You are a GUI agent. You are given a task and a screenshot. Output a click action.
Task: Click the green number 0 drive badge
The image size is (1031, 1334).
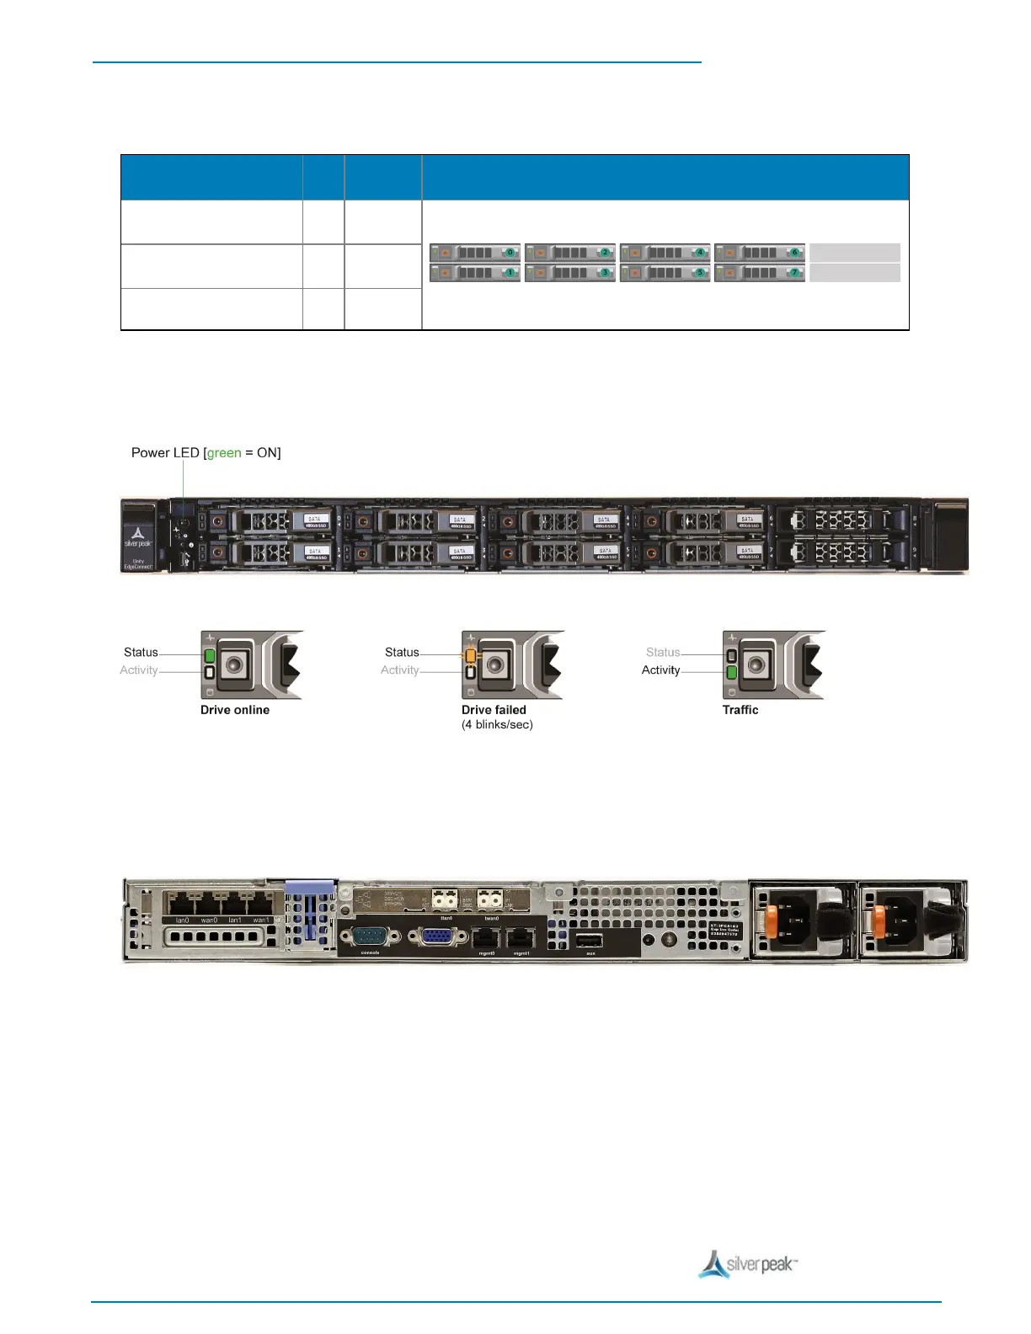510,252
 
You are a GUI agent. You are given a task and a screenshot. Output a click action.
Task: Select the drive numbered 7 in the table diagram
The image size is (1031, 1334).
760,273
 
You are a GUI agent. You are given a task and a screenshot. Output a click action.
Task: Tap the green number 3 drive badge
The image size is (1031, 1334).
605,273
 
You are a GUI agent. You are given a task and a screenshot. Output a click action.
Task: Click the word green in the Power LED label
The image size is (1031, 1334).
224,453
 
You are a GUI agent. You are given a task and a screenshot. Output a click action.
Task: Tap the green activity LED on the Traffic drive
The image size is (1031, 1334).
732,672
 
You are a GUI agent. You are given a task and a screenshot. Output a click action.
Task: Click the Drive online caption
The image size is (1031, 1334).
235,710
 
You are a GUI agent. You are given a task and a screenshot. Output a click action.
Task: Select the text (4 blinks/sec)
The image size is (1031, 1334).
497,724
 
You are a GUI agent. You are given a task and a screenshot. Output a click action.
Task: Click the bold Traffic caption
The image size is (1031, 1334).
740,710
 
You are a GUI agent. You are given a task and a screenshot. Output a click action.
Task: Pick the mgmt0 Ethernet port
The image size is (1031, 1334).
487,937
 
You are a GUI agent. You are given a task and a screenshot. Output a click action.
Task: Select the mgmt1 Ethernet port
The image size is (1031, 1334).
522,937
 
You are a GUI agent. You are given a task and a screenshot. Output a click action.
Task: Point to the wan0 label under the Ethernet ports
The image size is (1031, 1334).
209,920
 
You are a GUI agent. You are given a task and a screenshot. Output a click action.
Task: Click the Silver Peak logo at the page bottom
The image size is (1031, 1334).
748,1264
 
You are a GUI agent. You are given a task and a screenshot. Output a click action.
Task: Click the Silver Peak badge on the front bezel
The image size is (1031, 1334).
139,538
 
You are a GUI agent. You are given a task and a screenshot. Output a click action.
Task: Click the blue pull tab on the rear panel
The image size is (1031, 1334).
310,887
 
